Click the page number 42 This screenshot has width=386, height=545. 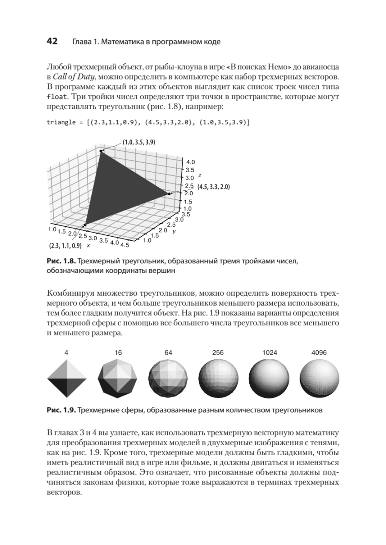[x=52, y=41]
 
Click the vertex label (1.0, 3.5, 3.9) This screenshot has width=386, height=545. [x=139, y=142]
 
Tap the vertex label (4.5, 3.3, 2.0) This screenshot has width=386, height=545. [x=214, y=187]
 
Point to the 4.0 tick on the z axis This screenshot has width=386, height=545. [x=190, y=161]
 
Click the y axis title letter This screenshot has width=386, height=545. [x=174, y=231]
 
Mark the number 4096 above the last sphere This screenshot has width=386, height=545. [x=319, y=352]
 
